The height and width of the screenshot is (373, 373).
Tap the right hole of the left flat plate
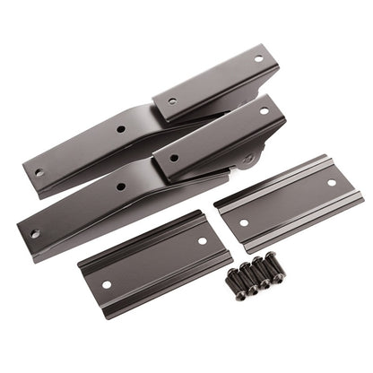point(202,240)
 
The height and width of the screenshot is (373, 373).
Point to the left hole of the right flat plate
point(244,222)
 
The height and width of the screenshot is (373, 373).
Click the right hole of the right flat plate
point(332,182)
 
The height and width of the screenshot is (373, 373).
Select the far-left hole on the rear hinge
point(39,172)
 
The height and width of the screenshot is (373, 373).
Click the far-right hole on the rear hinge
point(258,59)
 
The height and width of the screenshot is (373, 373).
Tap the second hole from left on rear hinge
point(120,129)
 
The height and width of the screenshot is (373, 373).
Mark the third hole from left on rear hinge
point(172,101)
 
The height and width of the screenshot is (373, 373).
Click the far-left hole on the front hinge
point(34,234)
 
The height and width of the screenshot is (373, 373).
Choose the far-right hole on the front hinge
point(264,111)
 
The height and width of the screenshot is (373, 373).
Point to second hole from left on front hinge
point(121,186)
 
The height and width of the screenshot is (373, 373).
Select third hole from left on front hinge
point(174,158)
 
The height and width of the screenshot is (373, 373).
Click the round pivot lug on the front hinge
point(247,160)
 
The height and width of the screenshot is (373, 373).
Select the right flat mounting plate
point(289,203)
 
